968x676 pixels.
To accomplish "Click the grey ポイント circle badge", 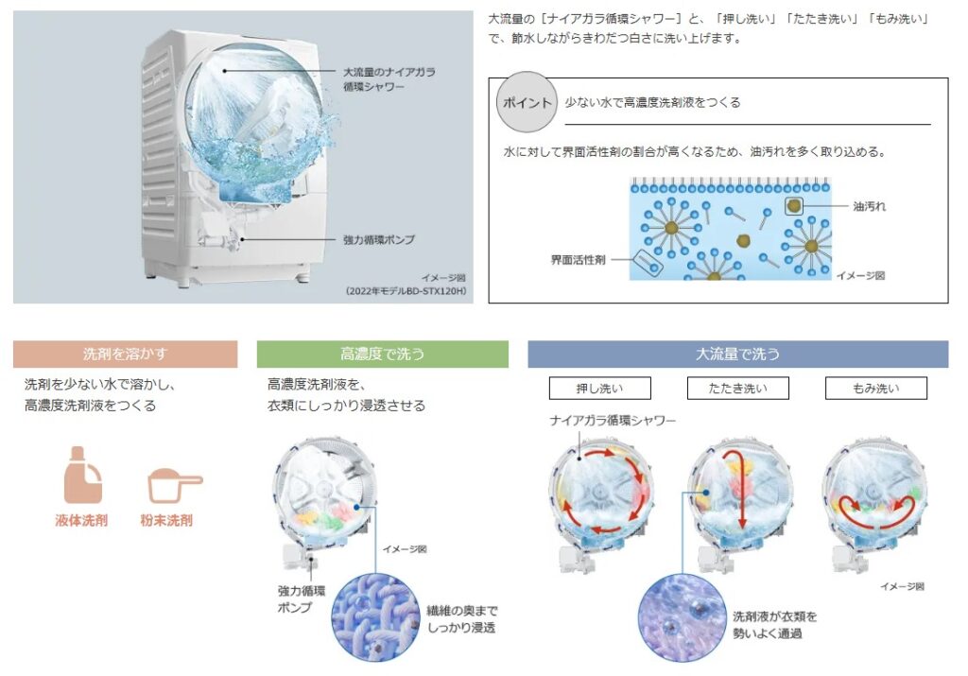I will click(x=524, y=102).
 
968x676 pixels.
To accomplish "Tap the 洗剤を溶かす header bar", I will click(x=125, y=355).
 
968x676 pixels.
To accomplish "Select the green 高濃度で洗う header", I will click(x=383, y=355).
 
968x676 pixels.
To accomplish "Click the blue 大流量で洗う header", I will click(x=737, y=355).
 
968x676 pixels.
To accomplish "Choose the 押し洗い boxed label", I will click(x=587, y=388).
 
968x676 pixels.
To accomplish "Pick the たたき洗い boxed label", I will click(x=739, y=388).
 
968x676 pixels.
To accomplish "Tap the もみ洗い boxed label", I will click(x=875, y=388).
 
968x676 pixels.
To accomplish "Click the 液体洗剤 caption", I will click(x=81, y=520).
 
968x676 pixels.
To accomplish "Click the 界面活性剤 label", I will click(x=578, y=258).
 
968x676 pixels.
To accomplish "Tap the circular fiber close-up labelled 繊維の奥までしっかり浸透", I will click(x=375, y=618).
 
